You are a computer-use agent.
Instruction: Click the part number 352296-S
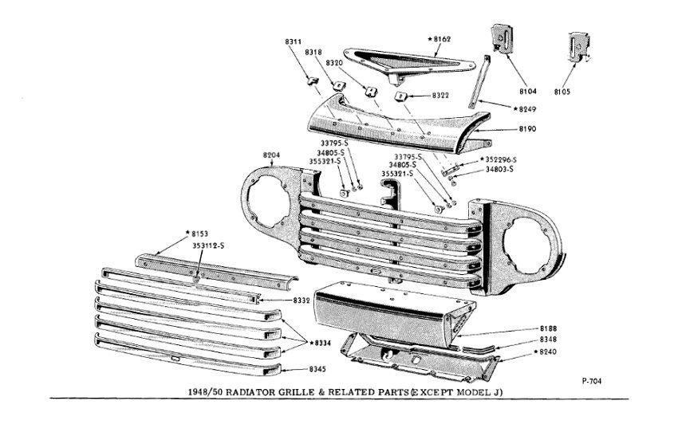pos(503,159)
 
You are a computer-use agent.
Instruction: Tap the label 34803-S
pos(500,169)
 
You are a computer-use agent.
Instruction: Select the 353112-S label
pos(207,245)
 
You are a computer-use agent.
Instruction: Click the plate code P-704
pos(591,381)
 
